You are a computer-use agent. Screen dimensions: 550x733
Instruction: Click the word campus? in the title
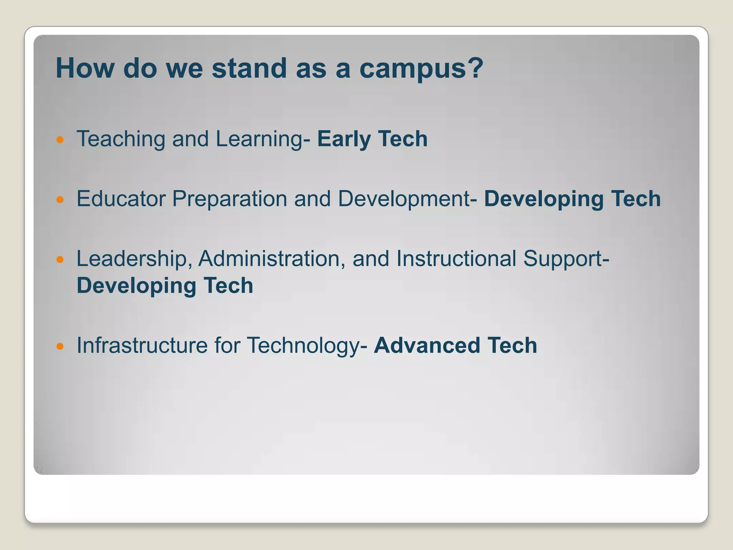click(x=421, y=69)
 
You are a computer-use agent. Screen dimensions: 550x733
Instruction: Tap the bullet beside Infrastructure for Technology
click(x=60, y=346)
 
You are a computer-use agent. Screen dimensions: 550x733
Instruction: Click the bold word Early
click(x=344, y=139)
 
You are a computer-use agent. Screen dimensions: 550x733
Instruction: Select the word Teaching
click(x=121, y=139)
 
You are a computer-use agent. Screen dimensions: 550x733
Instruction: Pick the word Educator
click(x=121, y=199)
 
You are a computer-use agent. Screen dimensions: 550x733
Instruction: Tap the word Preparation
click(x=229, y=199)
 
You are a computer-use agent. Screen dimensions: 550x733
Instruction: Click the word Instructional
click(x=456, y=259)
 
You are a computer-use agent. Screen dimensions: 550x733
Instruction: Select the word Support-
click(x=566, y=259)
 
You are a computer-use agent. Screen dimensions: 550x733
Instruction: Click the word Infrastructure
click(x=142, y=346)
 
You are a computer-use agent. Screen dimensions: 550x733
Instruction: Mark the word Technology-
click(x=307, y=346)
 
